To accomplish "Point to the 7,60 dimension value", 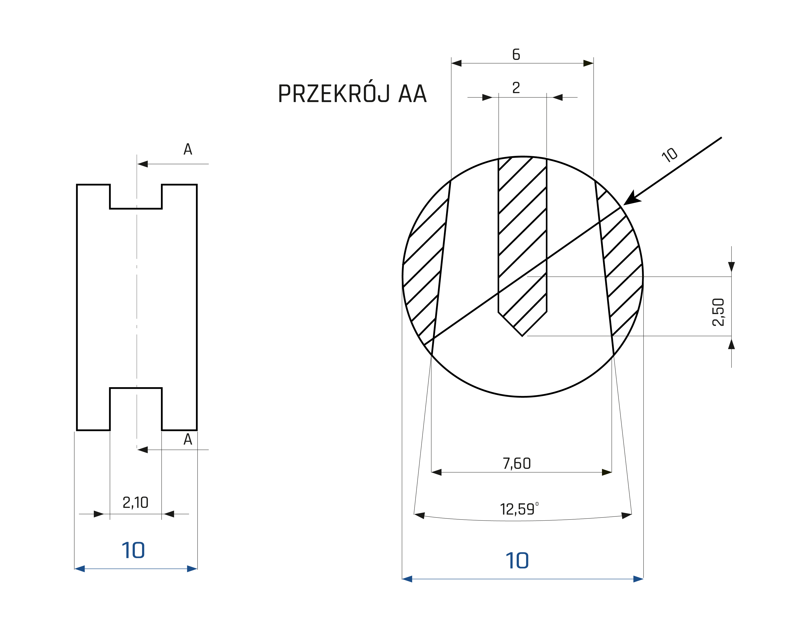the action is pos(517,463).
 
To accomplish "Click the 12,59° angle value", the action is pos(519,509).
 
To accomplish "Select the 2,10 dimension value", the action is pos(135,502).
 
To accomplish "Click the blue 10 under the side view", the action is pos(133,550).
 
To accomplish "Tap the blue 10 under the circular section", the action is pos(517,561).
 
